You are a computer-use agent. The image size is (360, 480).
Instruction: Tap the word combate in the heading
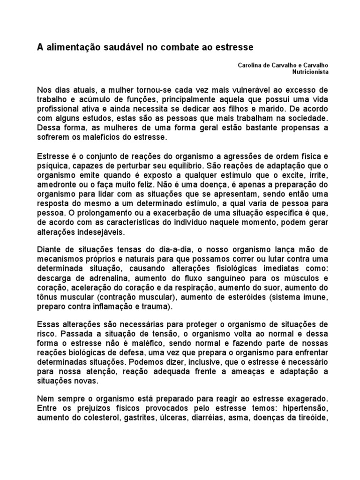(x=182, y=48)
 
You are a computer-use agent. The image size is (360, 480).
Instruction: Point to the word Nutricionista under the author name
(x=310, y=72)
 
